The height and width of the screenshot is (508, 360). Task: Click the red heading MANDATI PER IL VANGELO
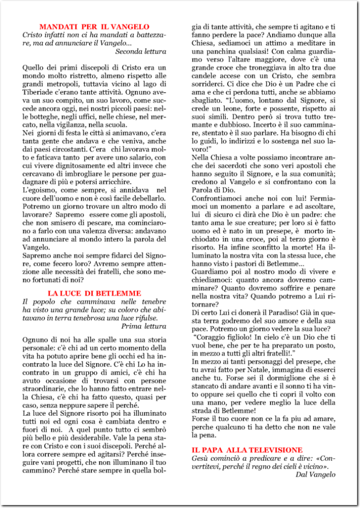[94, 26]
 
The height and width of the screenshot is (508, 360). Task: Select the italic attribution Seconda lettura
[141, 51]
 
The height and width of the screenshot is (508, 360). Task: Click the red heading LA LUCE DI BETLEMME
[94, 293]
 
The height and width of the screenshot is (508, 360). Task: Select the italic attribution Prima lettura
[144, 326]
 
